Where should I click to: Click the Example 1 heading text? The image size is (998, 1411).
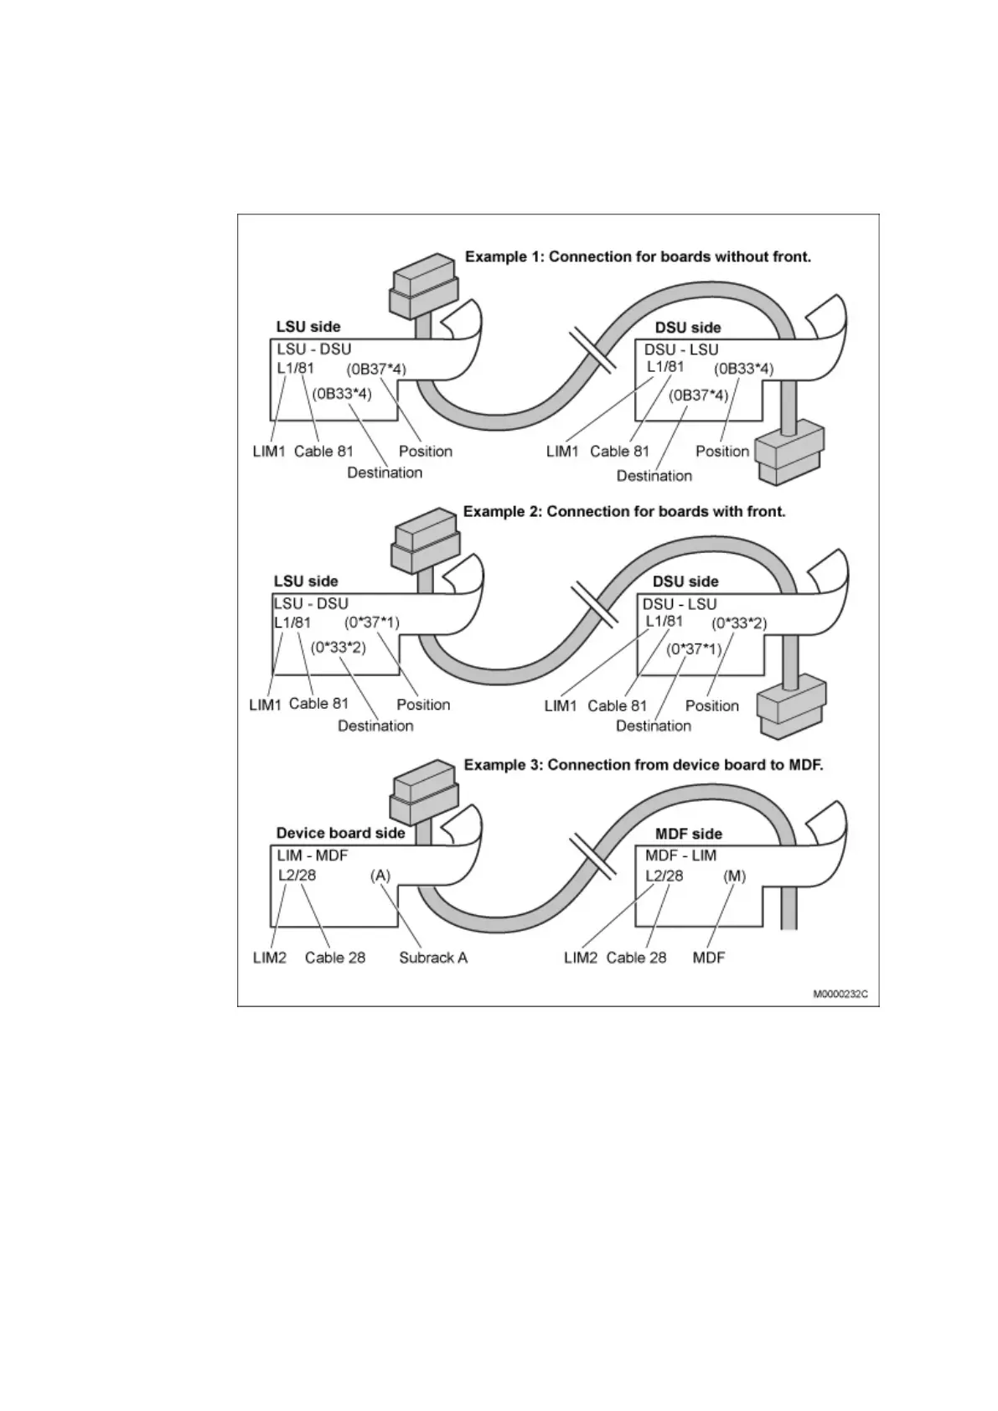638,256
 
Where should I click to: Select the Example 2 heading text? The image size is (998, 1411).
624,511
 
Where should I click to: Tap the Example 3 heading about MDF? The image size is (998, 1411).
644,765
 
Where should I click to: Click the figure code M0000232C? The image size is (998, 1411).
840,994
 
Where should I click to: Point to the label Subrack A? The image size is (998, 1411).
432,958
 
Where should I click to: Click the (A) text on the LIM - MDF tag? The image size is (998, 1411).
380,876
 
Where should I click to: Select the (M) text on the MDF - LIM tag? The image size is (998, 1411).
734,876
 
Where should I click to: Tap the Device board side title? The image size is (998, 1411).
340,833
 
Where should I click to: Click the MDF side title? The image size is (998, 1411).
688,834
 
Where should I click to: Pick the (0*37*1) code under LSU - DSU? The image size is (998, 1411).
372,623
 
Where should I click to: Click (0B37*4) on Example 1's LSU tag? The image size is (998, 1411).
376,369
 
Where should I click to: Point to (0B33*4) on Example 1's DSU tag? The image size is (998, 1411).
743,369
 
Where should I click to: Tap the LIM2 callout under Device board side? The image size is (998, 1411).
270,958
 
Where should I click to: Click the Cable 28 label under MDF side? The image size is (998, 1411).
636,958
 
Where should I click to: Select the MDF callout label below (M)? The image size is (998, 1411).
709,958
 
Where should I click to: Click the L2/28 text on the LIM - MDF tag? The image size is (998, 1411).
297,876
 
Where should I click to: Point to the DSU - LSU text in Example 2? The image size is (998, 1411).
680,604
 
